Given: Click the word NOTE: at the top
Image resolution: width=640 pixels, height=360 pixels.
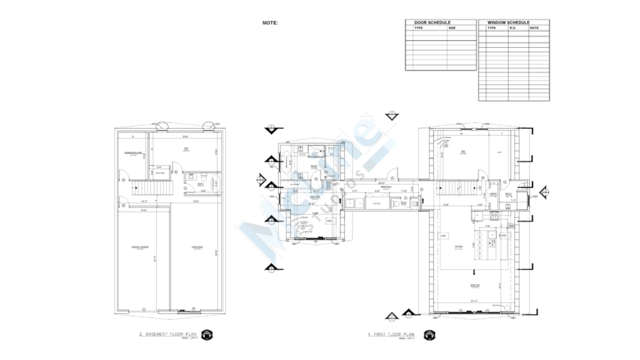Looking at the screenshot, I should pyautogui.click(x=270, y=23).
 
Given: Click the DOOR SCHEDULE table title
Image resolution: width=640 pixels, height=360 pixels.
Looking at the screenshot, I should pyautogui.click(x=432, y=22).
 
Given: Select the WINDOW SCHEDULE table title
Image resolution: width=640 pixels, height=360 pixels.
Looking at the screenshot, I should pyautogui.click(x=508, y=22).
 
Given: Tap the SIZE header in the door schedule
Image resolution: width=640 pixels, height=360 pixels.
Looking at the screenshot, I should pyautogui.click(x=452, y=28).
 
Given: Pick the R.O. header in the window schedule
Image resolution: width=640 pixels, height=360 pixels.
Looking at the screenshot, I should pyautogui.click(x=512, y=28).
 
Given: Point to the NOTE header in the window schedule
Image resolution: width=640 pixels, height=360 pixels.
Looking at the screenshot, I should pyautogui.click(x=534, y=28).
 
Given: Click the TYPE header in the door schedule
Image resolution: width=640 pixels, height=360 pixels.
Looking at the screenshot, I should pyautogui.click(x=419, y=28).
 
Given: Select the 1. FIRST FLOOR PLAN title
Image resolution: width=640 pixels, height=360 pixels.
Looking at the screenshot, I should pyautogui.click(x=391, y=334).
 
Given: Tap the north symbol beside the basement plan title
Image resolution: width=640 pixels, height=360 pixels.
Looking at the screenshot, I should pyautogui.click(x=207, y=335).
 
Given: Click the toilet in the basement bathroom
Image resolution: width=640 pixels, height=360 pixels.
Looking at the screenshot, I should pyautogui.click(x=204, y=175).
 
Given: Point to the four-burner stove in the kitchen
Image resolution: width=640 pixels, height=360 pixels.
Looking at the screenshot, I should pyautogui.click(x=495, y=215).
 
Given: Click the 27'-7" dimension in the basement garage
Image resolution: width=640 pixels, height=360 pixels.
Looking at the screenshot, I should pyautogui.click(x=155, y=258).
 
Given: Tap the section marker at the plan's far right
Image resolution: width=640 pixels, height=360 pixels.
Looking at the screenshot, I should pyautogui.click(x=544, y=192).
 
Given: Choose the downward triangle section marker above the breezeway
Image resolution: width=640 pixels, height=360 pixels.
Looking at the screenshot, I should pyautogui.click(x=391, y=116).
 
